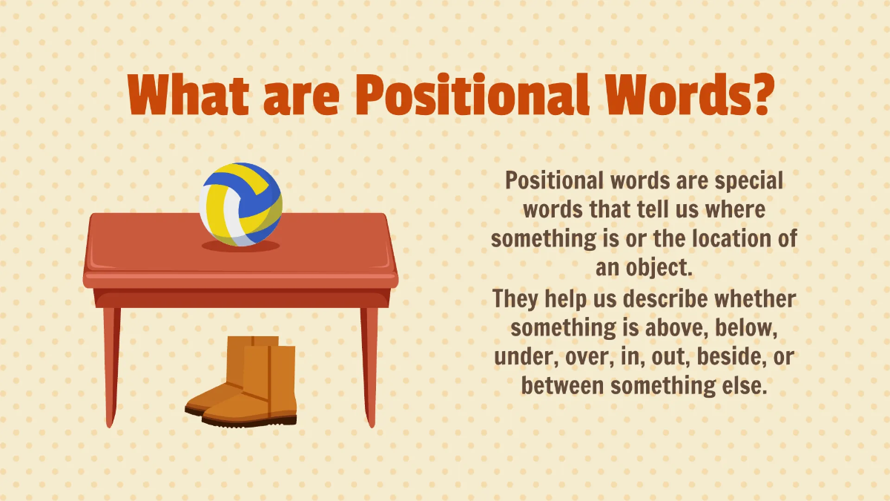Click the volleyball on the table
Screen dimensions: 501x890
(x=241, y=203)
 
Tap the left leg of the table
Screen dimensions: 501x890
(x=111, y=364)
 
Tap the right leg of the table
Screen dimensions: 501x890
(x=369, y=364)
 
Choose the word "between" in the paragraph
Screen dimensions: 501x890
(x=563, y=386)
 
